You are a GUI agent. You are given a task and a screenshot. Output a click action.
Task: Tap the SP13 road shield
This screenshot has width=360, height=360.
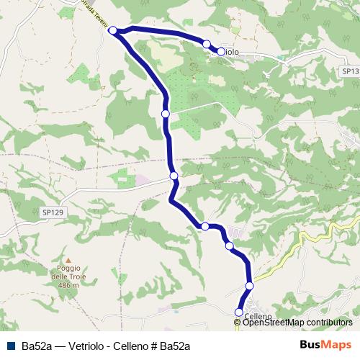[348, 72]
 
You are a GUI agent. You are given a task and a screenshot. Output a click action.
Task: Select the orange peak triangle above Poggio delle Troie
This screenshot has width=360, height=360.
[68, 261]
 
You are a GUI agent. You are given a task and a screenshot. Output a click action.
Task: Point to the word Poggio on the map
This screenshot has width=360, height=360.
[68, 269]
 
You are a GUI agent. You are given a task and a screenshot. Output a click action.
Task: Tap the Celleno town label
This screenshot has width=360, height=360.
[258, 316]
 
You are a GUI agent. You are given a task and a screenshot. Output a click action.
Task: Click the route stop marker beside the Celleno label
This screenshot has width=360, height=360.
[239, 312]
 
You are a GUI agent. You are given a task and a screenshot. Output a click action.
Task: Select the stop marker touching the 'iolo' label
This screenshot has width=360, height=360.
[220, 51]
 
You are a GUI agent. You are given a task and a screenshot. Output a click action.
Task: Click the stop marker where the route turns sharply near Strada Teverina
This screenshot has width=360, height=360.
[112, 30]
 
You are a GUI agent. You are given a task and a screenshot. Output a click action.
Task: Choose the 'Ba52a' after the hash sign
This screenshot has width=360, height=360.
[175, 345]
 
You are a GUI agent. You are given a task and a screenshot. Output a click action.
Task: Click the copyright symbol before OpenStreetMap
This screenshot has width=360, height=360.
[238, 323]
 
